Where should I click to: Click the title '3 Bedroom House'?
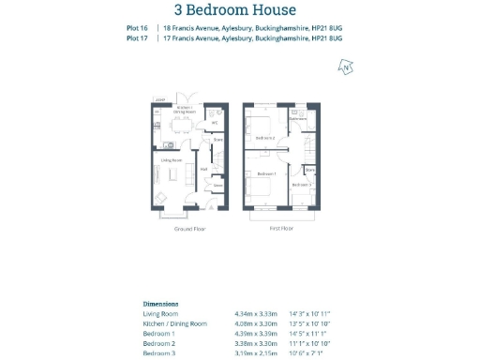click(239, 11)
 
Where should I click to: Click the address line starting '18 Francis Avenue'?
click(252, 29)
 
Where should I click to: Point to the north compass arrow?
click(346, 67)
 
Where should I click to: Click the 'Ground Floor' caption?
click(190, 229)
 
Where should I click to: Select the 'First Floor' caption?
click(282, 229)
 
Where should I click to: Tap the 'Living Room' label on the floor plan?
click(171, 160)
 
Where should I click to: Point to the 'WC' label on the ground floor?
click(214, 123)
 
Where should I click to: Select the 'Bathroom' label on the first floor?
click(298, 119)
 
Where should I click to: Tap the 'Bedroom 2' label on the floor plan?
click(264, 138)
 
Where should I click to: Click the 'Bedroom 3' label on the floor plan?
click(301, 185)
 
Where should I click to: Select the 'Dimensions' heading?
click(160, 305)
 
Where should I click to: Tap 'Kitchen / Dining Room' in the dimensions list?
click(174, 323)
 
